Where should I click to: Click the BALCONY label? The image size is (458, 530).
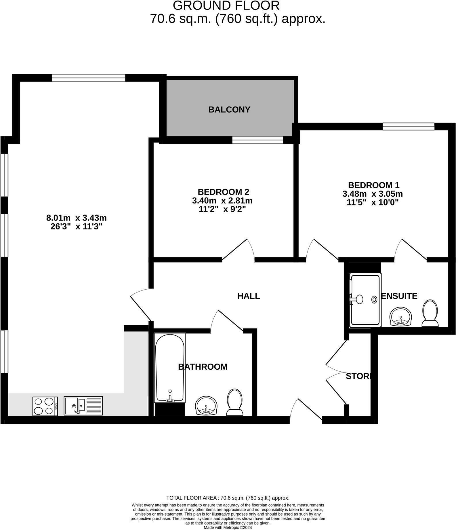(x=229, y=110)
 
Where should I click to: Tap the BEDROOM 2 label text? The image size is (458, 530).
(x=223, y=192)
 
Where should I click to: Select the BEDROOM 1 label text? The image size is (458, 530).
(x=374, y=185)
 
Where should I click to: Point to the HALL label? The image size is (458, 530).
(x=249, y=296)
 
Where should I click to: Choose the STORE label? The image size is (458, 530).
(x=359, y=376)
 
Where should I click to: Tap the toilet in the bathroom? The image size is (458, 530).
(x=234, y=402)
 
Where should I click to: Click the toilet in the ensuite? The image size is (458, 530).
(x=430, y=313)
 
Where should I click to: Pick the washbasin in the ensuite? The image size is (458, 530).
(x=400, y=317)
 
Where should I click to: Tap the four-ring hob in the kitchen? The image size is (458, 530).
(x=45, y=406)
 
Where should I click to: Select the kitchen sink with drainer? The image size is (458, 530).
(x=83, y=406)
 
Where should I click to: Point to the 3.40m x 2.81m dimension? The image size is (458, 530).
(x=222, y=200)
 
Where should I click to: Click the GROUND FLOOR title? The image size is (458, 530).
(x=226, y=6)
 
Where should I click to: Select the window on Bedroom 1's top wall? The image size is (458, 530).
(x=408, y=126)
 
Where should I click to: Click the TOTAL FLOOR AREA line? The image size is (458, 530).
(x=228, y=498)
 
